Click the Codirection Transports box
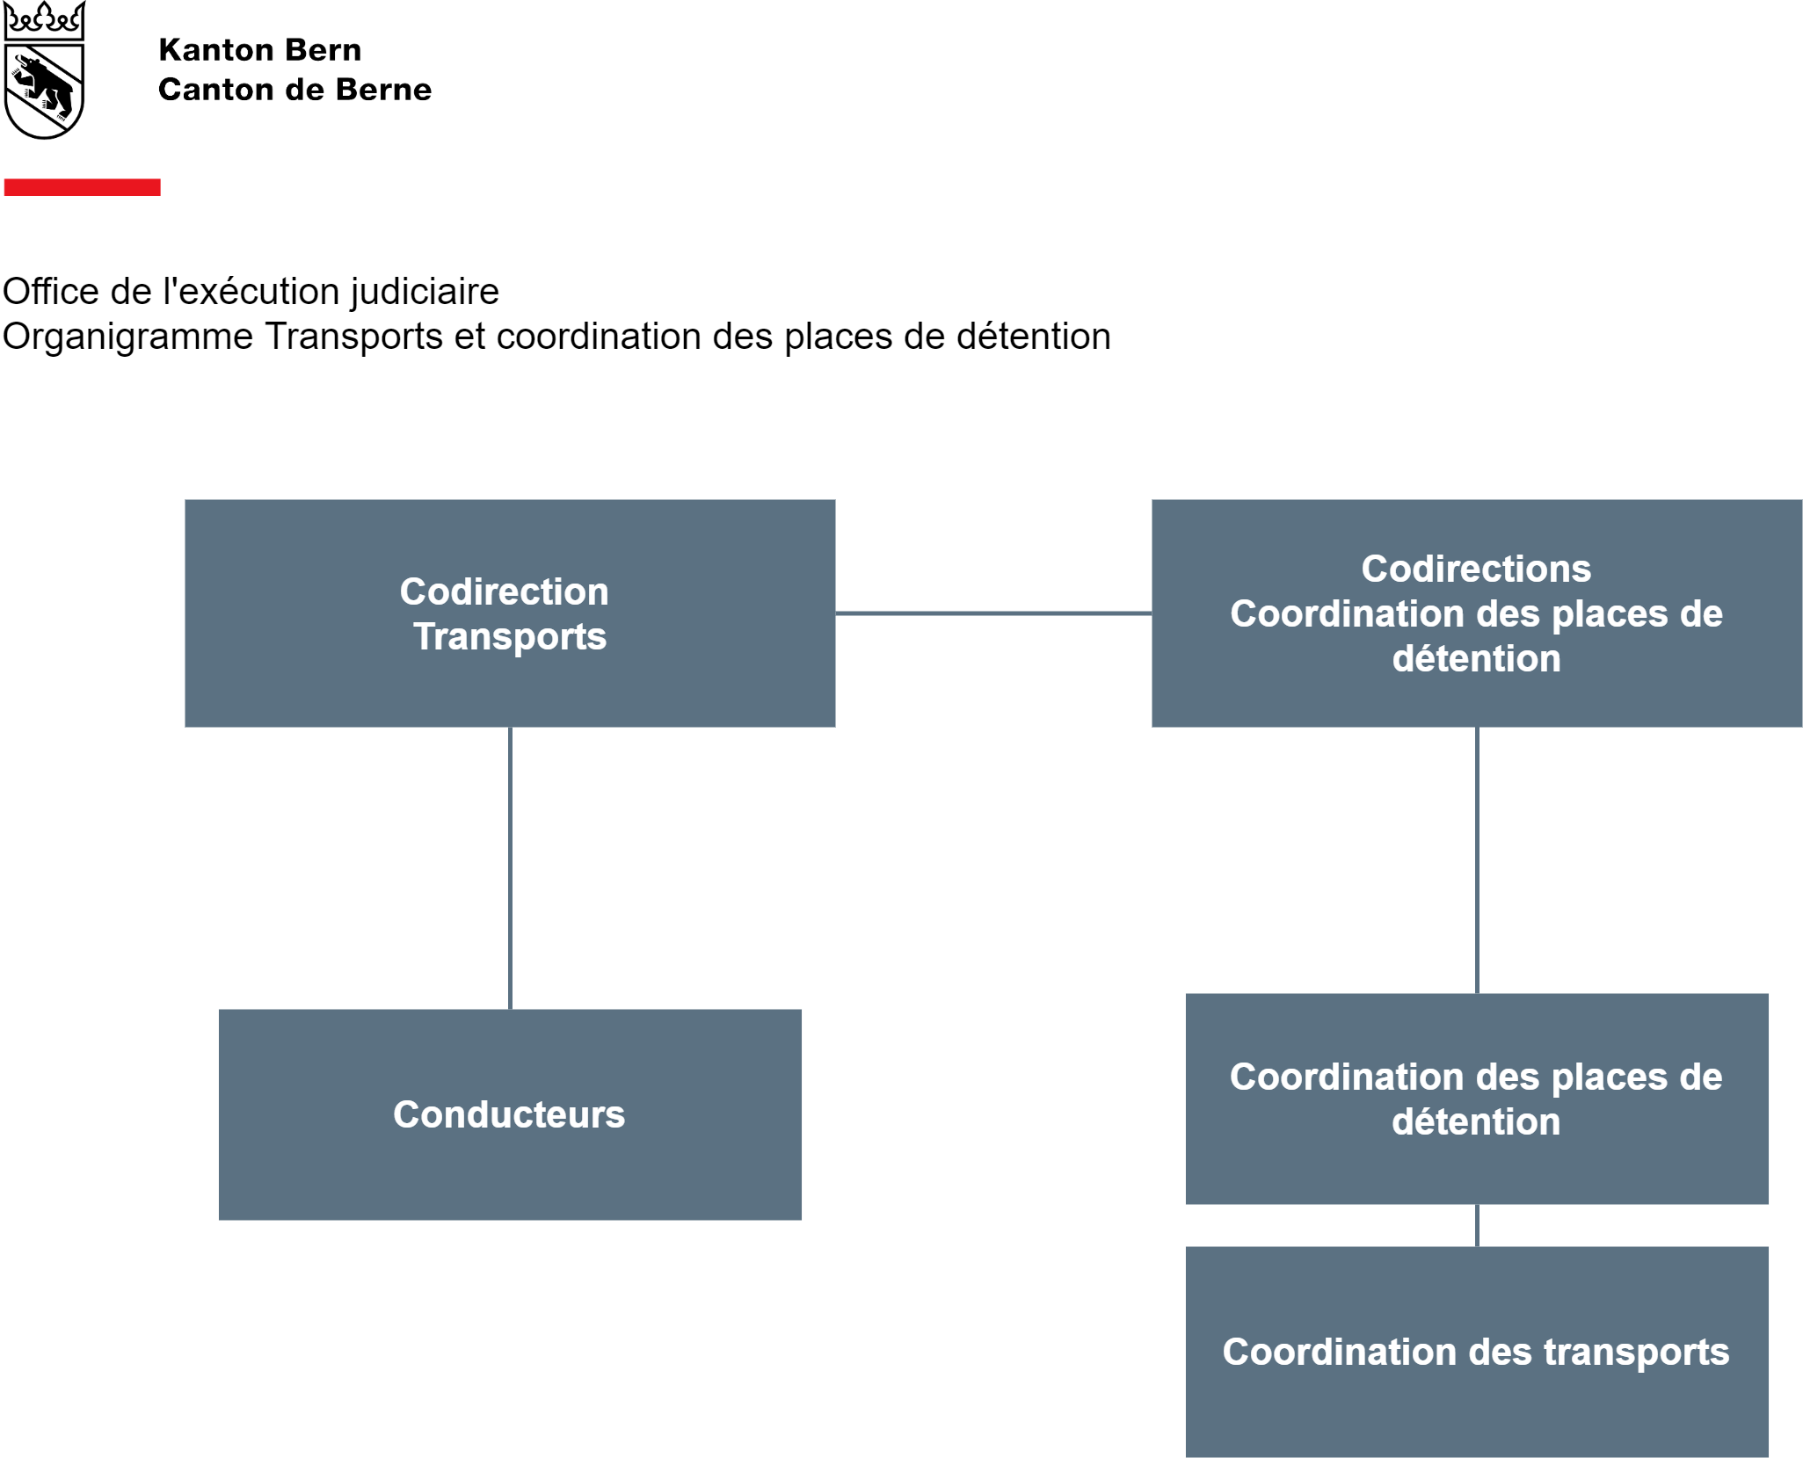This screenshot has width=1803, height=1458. point(510,613)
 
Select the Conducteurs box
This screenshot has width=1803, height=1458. point(510,1114)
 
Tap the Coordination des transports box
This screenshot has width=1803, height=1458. point(1477,1352)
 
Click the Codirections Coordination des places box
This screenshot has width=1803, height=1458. point(1477,613)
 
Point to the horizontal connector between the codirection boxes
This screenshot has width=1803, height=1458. point(993,613)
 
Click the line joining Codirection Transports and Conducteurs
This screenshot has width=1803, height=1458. point(510,868)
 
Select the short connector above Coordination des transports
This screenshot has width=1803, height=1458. point(1477,1225)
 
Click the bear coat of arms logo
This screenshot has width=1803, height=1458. point(44,70)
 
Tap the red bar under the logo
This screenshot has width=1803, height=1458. point(83,187)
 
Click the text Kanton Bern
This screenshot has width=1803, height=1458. point(260,50)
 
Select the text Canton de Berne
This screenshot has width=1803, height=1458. point(295,90)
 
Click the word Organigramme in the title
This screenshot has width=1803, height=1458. point(127,337)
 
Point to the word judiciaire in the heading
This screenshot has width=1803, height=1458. point(425,293)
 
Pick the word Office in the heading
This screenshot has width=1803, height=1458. point(51,292)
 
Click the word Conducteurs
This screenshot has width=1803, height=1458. point(509,1114)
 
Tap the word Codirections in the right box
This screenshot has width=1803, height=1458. point(1477,569)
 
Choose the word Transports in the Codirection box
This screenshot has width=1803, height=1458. point(511,637)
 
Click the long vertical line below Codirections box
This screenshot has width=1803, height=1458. point(1477,860)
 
